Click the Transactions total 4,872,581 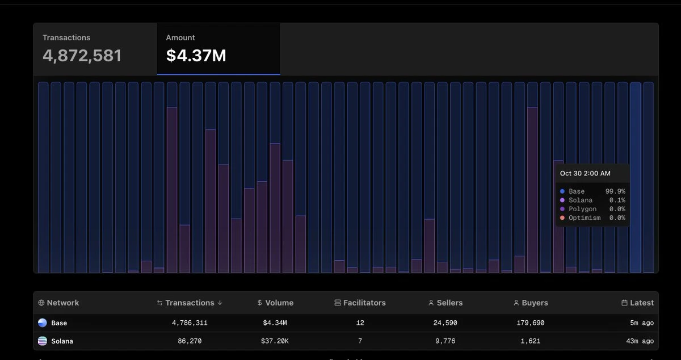(82, 55)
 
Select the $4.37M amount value (196, 55)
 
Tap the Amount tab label (180, 37)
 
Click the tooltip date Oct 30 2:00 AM (585, 173)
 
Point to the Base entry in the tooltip (576, 191)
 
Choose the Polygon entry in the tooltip (582, 209)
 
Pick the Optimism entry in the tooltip (584, 218)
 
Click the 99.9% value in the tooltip (615, 191)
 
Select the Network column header (62, 303)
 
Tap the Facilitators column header (364, 303)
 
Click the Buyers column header (534, 303)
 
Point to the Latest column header (641, 303)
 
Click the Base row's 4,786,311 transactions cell (190, 323)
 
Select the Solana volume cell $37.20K (275, 341)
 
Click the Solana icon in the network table (43, 341)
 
